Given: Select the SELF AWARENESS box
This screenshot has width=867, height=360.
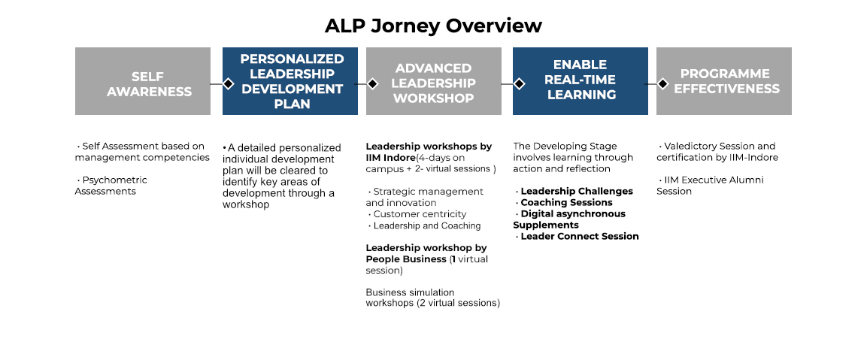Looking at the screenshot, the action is click(143, 81).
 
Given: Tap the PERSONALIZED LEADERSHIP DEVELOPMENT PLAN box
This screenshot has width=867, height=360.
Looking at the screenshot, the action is click(290, 81).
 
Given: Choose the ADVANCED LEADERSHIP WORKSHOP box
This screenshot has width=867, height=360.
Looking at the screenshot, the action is click(433, 81).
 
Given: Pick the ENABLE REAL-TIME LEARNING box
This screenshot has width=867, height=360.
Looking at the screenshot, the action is click(581, 81).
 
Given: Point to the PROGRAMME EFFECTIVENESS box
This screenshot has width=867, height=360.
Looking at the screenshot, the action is click(724, 81).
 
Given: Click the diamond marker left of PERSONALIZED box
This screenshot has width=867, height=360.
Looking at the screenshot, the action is click(228, 84).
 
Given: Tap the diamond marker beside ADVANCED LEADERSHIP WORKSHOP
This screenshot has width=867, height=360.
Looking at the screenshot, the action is click(373, 84).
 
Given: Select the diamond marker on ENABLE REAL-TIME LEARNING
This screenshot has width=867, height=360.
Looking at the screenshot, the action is click(519, 84).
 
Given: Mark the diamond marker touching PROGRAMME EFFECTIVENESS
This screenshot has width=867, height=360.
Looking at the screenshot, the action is click(663, 84).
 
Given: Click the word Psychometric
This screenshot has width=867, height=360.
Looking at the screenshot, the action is click(115, 180).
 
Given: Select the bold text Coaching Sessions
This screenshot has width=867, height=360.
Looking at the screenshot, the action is click(567, 202).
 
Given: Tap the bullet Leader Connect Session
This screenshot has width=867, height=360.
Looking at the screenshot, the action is click(577, 236).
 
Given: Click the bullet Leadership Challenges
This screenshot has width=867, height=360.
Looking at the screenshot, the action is click(574, 192).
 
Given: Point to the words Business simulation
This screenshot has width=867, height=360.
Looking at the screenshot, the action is click(410, 292).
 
